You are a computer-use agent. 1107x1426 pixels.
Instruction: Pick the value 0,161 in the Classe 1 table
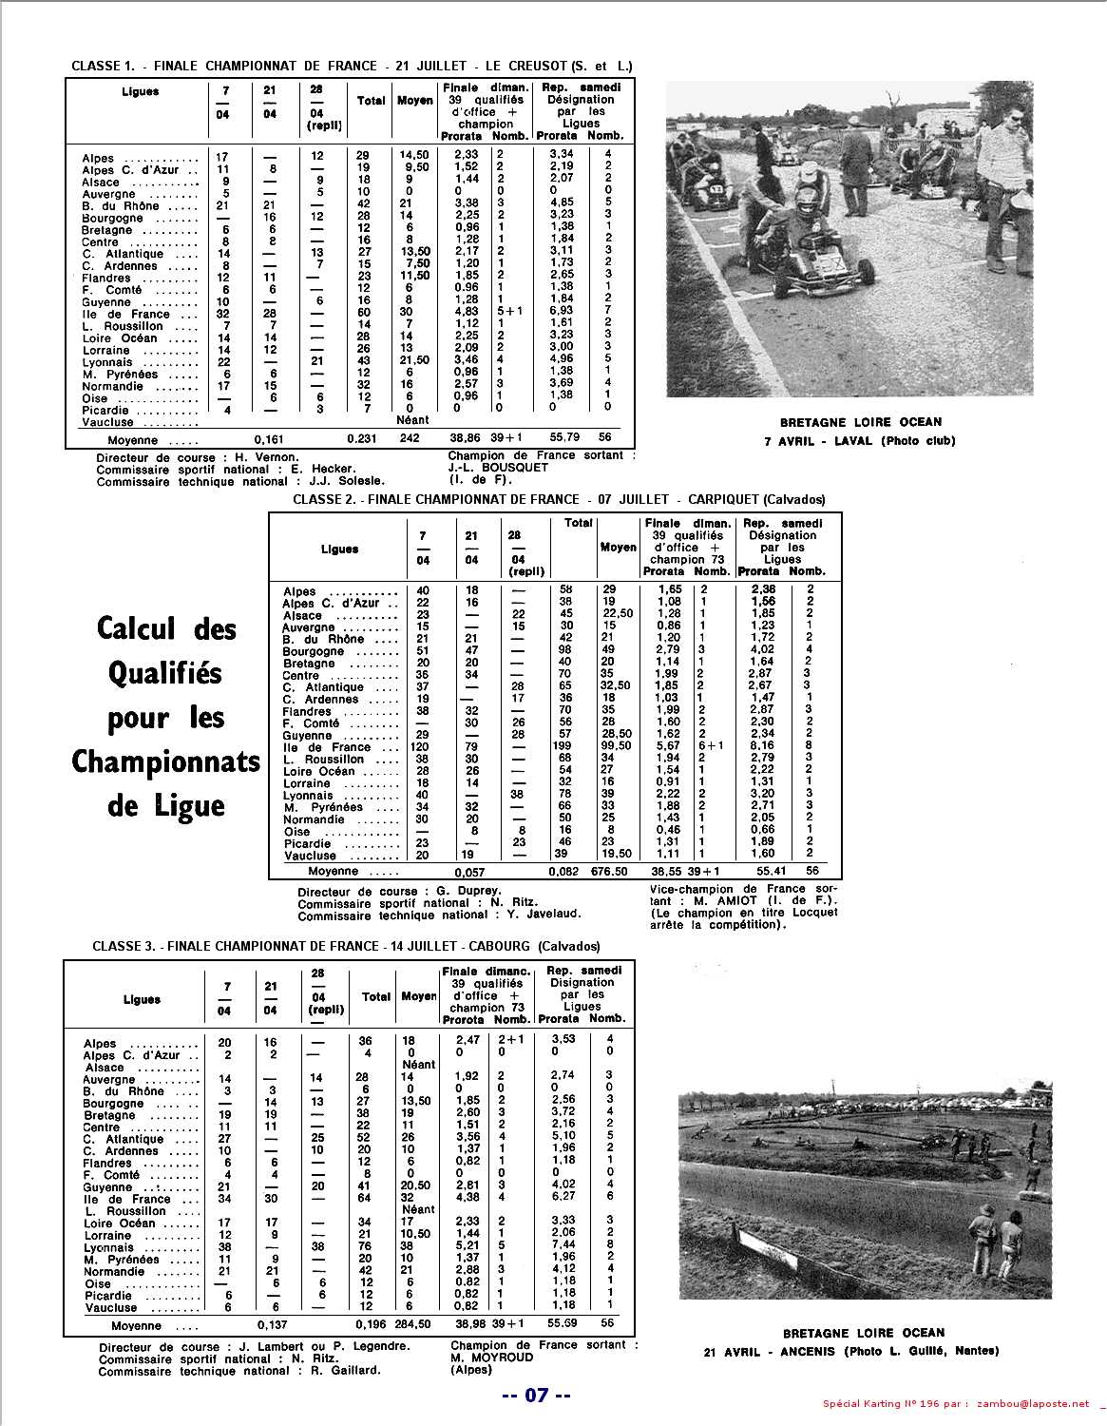coord(272,440)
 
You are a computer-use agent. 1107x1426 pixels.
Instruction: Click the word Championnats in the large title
coord(165,761)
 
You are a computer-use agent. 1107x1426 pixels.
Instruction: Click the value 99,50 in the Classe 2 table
coord(617,746)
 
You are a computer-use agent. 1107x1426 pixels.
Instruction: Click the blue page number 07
coord(537,1396)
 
